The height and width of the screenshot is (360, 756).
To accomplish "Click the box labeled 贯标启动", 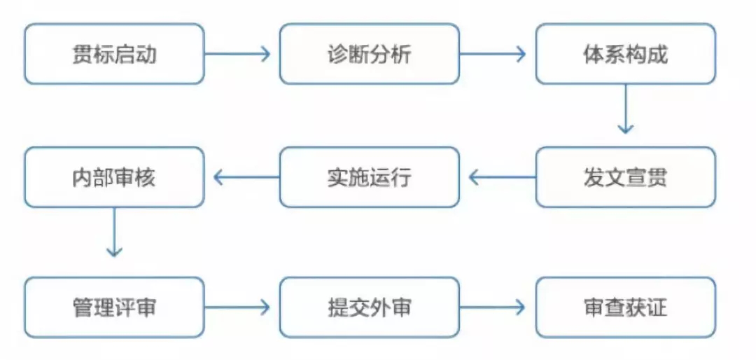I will point(114,55).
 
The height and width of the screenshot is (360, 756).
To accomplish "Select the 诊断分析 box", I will point(370,55).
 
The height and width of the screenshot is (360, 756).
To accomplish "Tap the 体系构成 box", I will point(625,55).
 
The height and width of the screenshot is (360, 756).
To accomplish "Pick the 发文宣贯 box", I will point(625,177).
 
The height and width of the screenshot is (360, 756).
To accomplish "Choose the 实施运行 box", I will point(370,177).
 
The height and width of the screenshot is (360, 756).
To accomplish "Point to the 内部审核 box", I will point(114,177).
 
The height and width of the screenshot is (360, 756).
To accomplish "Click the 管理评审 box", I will point(114,307).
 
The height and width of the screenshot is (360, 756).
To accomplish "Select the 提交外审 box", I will point(370,307).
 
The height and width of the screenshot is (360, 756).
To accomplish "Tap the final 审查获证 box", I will point(625,307).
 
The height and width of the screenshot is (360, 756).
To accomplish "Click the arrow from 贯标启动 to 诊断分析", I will point(238,55).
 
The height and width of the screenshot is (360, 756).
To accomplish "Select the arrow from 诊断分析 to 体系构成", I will point(493,55).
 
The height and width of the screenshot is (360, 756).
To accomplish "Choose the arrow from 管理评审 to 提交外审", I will point(238,307).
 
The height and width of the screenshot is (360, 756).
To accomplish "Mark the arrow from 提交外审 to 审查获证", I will point(493,307).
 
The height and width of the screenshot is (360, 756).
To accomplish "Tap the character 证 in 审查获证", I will point(657,307).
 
